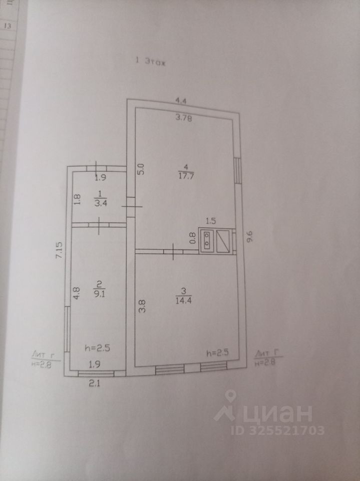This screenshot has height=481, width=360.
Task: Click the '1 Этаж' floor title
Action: (151, 62)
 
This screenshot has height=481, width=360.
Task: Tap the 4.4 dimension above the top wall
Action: (180, 101)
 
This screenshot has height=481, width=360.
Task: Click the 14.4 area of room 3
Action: (182, 300)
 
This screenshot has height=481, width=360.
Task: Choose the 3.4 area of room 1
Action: (99, 203)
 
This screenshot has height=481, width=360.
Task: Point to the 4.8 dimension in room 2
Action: (76, 293)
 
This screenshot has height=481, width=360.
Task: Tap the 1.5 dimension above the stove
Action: (210, 220)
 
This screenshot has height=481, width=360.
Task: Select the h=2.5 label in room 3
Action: (218, 352)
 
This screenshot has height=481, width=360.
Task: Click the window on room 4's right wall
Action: (238, 169)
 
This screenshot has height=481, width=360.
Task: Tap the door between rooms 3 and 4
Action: (173, 250)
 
